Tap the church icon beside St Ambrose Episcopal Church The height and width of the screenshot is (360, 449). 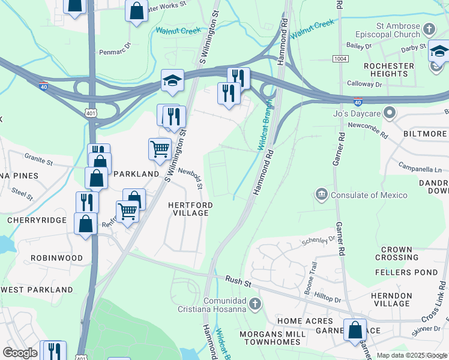429,29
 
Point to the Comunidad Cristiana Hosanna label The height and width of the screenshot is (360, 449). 217,305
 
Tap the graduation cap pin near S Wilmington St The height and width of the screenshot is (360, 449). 172,82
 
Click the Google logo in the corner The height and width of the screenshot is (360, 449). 20,353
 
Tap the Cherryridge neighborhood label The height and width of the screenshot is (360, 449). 36,220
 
